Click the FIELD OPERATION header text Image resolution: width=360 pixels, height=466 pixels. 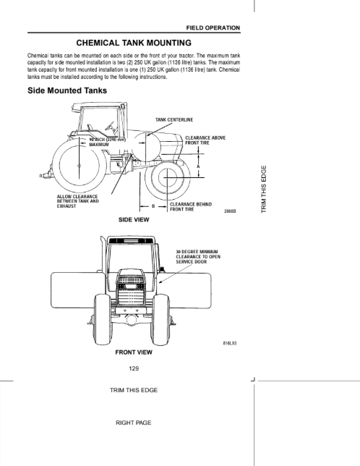tap(213, 28)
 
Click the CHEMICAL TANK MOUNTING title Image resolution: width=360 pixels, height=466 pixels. tap(134, 43)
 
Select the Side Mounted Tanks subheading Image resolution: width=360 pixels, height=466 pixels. tap(67, 90)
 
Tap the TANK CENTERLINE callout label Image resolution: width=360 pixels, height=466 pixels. tap(174, 120)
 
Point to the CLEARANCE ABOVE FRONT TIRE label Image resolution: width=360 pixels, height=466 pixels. tap(205, 140)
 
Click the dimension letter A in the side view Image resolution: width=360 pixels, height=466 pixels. tap(199, 166)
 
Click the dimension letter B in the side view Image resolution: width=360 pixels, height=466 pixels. tap(153, 206)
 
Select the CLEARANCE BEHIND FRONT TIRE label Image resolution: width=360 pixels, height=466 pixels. tap(191, 207)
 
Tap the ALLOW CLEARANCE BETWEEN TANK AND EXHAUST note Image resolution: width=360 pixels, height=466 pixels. tap(78, 201)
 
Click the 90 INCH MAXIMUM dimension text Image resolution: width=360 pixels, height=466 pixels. tap(108, 142)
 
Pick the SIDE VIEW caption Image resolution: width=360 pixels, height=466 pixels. tap(134, 220)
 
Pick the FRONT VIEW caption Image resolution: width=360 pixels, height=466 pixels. tap(134, 352)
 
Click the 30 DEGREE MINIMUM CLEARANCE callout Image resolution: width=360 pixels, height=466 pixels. tap(198, 257)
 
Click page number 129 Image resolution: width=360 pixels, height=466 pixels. tap(134, 368)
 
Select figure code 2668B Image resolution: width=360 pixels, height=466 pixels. tap(230, 211)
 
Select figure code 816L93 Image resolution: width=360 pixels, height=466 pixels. tap(230, 343)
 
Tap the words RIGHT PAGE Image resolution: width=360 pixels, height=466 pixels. tap(134, 423)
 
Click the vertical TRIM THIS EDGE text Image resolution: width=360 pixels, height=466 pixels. tap(264, 189)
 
